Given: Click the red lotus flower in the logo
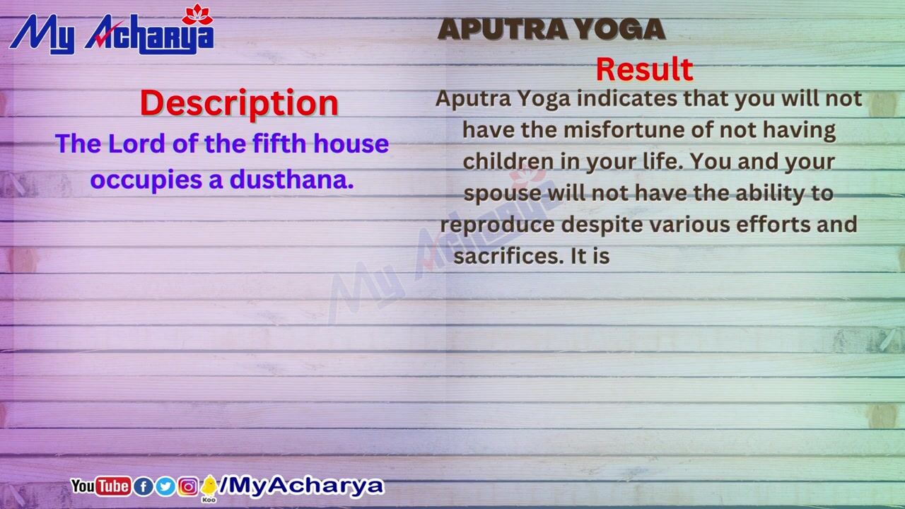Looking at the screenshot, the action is (197, 15).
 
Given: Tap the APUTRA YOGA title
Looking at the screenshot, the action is (551, 29).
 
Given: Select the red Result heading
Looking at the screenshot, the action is (644, 69).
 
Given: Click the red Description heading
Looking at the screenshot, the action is (239, 103).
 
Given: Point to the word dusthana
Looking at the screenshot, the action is (291, 180).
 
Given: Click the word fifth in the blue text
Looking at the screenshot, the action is (279, 144).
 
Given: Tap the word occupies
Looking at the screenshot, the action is (146, 180).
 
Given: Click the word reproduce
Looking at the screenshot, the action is (497, 226).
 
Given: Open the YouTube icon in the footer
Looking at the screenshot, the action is (100, 486).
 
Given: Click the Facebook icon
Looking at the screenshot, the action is (144, 487).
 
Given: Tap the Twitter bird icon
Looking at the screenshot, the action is (165, 487).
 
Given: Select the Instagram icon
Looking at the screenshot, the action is (188, 487).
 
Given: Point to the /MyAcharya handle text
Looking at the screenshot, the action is (301, 486).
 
